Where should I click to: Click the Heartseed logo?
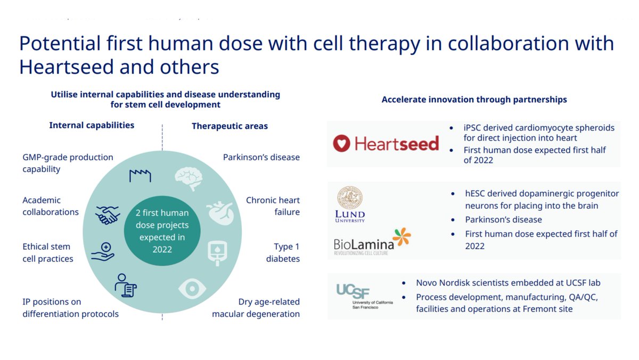click(x=386, y=143)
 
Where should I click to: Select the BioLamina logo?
click(x=372, y=242)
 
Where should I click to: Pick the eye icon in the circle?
click(x=191, y=288)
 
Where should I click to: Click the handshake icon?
click(x=108, y=215)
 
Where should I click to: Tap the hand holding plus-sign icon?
click(x=103, y=251)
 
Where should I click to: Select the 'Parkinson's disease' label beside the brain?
click(x=261, y=157)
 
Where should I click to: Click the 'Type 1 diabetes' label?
click(x=286, y=252)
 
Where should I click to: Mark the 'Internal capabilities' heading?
click(x=92, y=125)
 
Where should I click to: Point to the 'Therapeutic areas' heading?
click(x=230, y=126)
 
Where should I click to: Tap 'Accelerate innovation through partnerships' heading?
click(x=474, y=100)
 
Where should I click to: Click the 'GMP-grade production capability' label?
click(x=68, y=163)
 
